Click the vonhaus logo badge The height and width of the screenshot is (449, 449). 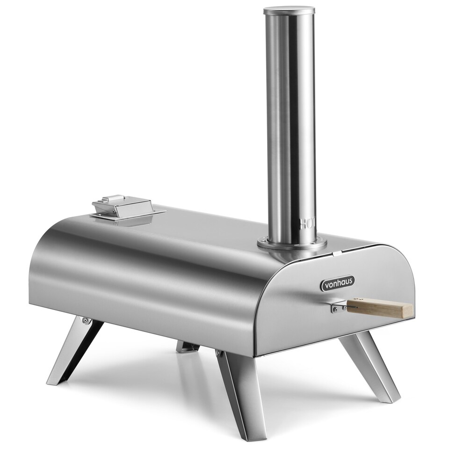pyautogui.click(x=337, y=283)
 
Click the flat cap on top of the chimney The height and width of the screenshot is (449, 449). pyautogui.click(x=289, y=10)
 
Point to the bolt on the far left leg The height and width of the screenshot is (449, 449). pyautogui.click(x=85, y=320)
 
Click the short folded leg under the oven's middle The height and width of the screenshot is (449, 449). pyautogui.click(x=188, y=347)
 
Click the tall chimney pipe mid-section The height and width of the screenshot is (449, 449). pyautogui.click(x=289, y=117)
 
